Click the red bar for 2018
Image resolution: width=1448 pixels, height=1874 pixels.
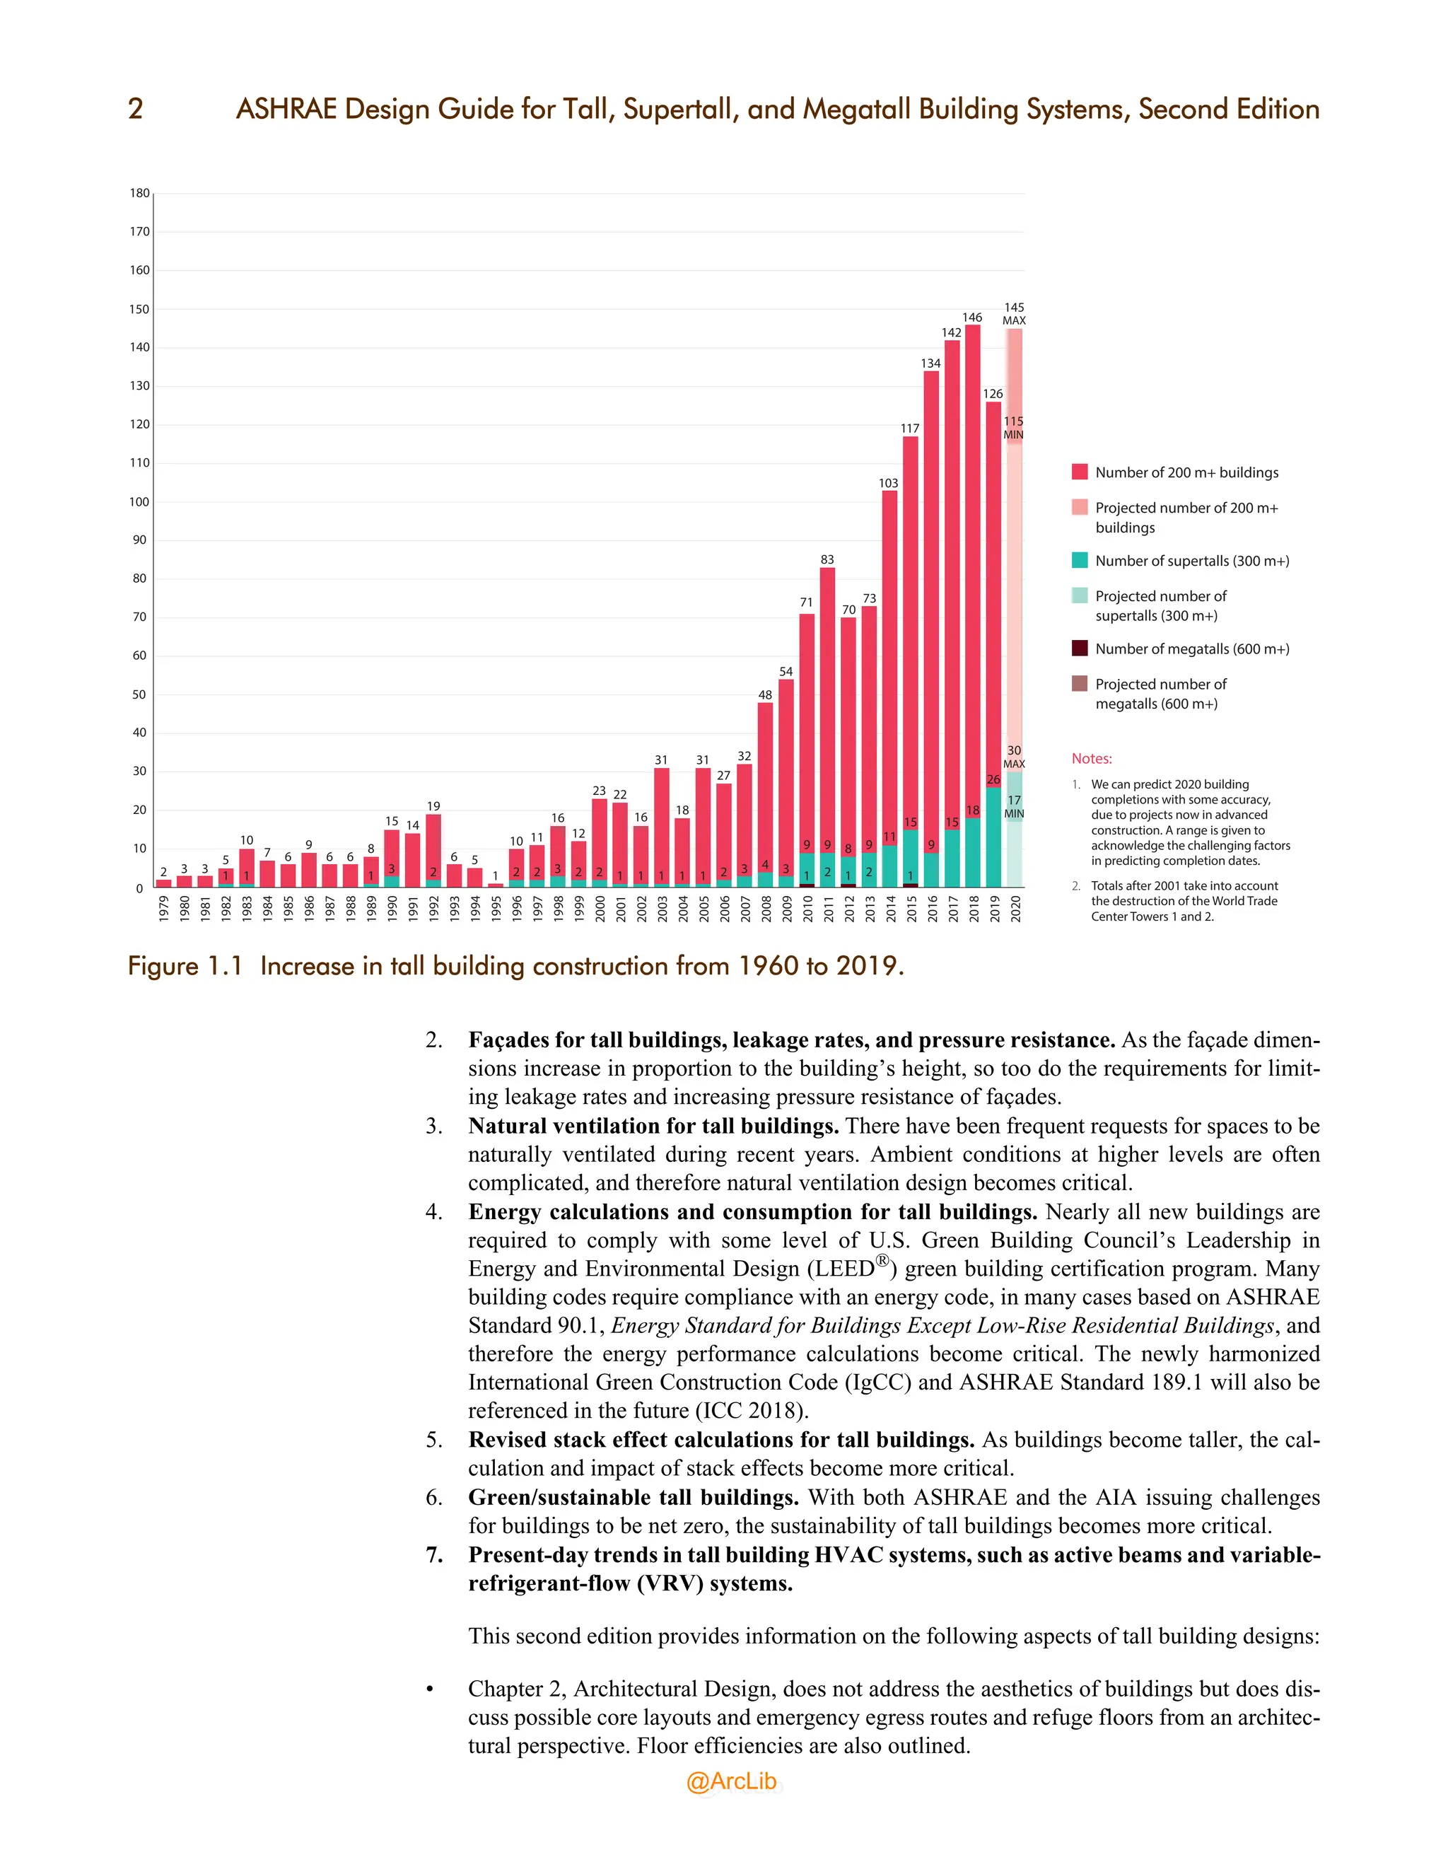coord(972,566)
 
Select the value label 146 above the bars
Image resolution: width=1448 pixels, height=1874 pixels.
coord(972,318)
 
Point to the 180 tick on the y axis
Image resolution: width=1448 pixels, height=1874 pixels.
coord(140,193)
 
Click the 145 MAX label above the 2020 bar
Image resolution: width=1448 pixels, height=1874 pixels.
coord(1014,313)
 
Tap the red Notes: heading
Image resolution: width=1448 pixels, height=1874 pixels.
coord(1091,759)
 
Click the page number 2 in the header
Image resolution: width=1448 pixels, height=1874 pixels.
coord(136,109)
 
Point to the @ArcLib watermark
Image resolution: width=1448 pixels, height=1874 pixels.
coord(731,1781)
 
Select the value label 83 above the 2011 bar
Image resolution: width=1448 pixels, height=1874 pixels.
coord(827,559)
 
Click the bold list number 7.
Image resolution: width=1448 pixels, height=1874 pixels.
coord(434,1555)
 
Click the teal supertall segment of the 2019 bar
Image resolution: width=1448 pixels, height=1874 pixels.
coord(993,837)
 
